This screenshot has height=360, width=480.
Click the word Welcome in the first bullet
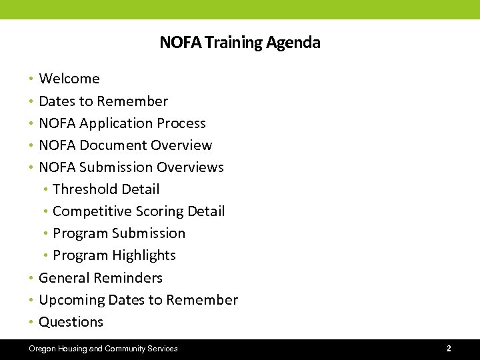[x=69, y=79]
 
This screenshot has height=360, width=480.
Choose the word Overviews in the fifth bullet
[x=191, y=167]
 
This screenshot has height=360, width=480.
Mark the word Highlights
[x=144, y=255]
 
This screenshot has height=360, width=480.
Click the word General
[x=65, y=278]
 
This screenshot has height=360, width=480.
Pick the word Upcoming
[x=71, y=300]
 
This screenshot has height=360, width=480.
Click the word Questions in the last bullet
[x=71, y=322]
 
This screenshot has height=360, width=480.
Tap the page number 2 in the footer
[x=449, y=349]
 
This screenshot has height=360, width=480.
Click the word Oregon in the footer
[x=41, y=349]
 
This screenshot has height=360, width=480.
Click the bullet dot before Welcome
[x=31, y=79]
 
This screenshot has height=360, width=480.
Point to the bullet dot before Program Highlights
[x=45, y=256]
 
